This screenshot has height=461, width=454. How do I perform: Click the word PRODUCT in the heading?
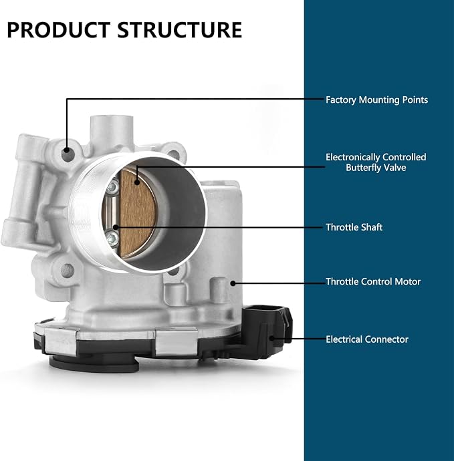tap(58, 29)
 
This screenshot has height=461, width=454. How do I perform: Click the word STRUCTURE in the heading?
tap(180, 29)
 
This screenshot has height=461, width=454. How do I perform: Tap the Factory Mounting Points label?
tap(376, 100)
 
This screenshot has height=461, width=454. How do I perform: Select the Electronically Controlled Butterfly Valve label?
tap(376, 162)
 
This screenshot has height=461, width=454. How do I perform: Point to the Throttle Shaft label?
tap(354, 227)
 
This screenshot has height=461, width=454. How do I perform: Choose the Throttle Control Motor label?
tap(373, 282)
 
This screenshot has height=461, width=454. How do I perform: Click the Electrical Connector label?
tap(367, 339)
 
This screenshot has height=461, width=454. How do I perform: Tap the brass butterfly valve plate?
tap(138, 214)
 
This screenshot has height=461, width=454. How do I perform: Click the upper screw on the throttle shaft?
tap(113, 187)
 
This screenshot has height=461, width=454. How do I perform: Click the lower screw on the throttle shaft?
tap(112, 239)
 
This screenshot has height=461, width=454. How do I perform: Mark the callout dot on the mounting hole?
tap(67, 150)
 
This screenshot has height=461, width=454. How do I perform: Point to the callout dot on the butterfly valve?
tap(137, 182)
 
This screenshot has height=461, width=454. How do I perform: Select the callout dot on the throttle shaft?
tap(116, 227)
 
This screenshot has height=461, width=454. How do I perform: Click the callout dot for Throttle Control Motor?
tap(233, 283)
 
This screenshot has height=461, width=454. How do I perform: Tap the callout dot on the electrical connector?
tap(272, 338)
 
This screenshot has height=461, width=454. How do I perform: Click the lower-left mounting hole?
tap(68, 271)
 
